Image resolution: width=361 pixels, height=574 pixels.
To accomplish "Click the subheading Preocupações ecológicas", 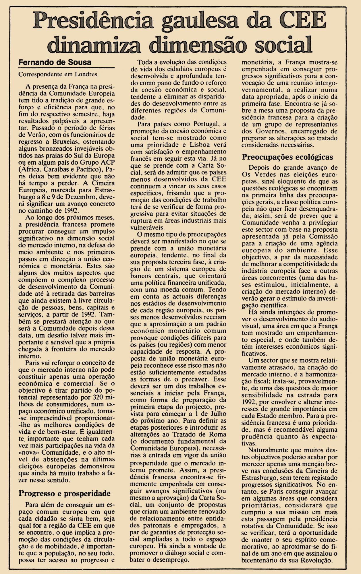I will coord(287,157).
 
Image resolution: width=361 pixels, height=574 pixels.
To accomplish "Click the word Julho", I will coord(216,414).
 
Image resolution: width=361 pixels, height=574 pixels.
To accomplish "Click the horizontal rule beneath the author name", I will coord(66,68).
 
